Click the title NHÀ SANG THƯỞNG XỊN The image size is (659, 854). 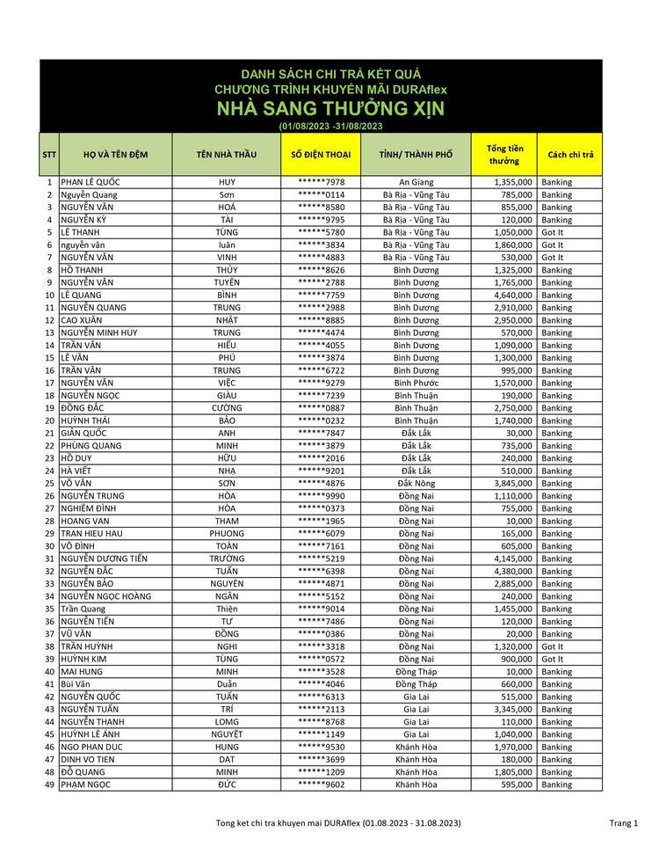[331, 108]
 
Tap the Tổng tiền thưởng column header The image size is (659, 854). [504, 155]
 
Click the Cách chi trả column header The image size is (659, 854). [570, 155]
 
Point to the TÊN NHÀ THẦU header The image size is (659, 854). [227, 155]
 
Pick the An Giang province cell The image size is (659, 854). [416, 182]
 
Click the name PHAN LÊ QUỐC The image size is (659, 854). [91, 182]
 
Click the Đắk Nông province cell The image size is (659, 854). [416, 484]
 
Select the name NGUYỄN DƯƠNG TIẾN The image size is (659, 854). [104, 559]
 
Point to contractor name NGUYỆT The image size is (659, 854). [227, 734]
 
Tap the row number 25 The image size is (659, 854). [49, 484]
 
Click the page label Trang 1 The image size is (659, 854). [623, 823]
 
